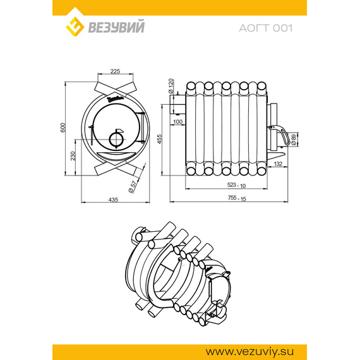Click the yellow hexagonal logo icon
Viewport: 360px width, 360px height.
[76, 26]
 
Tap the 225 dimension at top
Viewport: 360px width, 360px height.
[115, 71]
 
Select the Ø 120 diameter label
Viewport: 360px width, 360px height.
[171, 86]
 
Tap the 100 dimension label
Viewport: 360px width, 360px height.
[177, 121]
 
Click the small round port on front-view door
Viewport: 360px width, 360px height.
[116, 140]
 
